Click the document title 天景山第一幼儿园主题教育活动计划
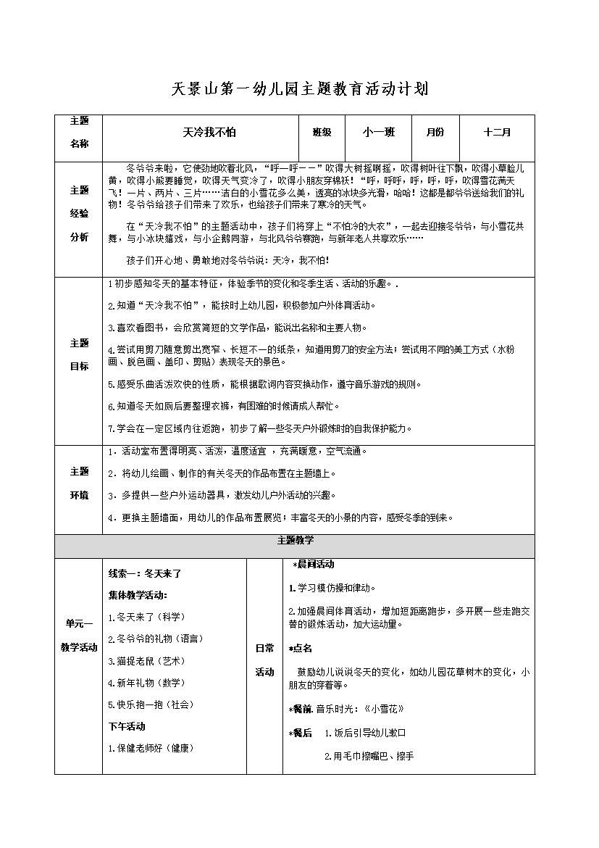[x=299, y=89]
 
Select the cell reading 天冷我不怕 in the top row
[x=200, y=133]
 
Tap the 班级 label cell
[x=322, y=133]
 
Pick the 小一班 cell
[x=379, y=133]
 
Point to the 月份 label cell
[x=435, y=133]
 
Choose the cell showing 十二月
[x=497, y=133]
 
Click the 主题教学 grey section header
[x=295, y=541]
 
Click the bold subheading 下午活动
[x=126, y=726]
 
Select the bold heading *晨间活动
[x=313, y=564]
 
